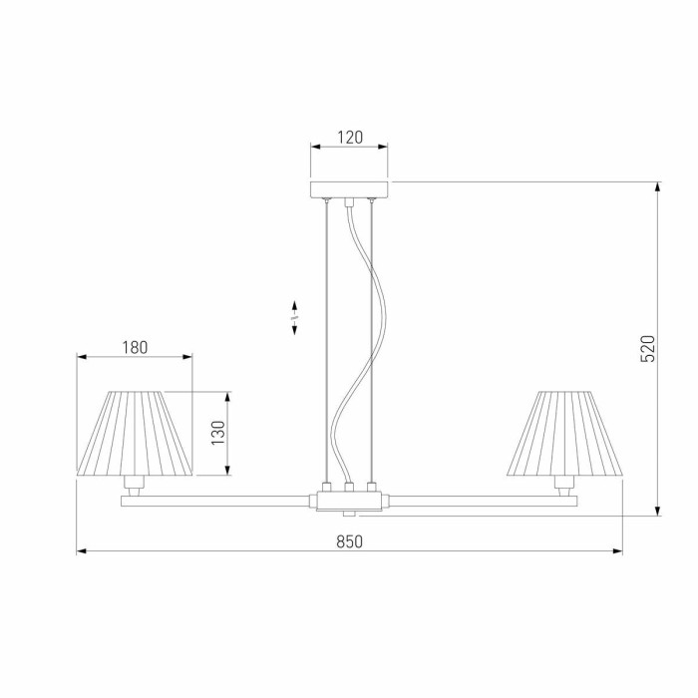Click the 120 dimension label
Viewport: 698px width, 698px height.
point(349,138)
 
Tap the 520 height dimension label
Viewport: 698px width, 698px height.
point(647,348)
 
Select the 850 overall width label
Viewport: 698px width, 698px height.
point(348,541)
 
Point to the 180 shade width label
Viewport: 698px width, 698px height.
point(135,347)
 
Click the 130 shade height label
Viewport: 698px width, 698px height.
point(217,432)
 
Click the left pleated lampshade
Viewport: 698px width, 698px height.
point(135,434)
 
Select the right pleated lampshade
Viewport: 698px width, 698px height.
point(564,434)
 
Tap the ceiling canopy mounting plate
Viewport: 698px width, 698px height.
point(349,189)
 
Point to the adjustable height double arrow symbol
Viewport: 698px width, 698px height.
point(295,317)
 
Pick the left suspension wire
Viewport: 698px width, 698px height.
point(326,339)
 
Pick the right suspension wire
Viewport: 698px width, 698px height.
point(371,339)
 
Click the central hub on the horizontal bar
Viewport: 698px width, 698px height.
point(348,497)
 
